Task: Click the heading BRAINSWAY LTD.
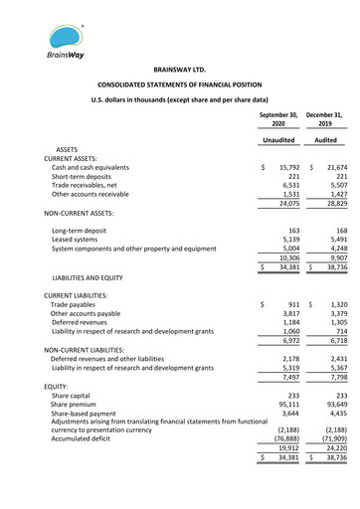pos(179,72)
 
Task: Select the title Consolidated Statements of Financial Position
pos(179,86)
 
